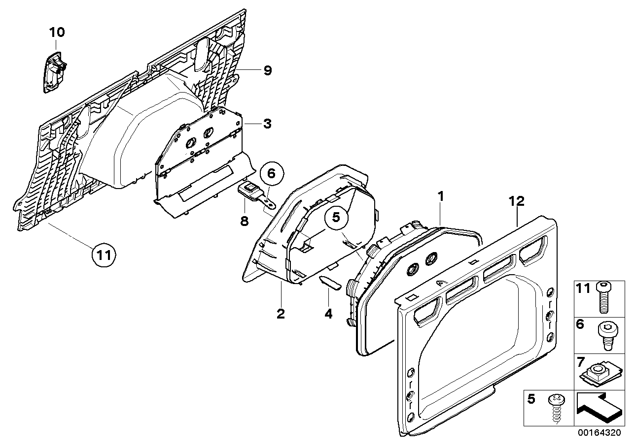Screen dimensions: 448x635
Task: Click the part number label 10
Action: (57, 33)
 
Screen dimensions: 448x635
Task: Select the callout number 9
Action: (267, 71)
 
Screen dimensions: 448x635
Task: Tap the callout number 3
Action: (267, 124)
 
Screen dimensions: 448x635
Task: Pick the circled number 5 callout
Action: (336, 218)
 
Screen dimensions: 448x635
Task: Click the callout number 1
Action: (441, 196)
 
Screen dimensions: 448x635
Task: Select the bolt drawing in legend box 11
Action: (603, 297)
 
